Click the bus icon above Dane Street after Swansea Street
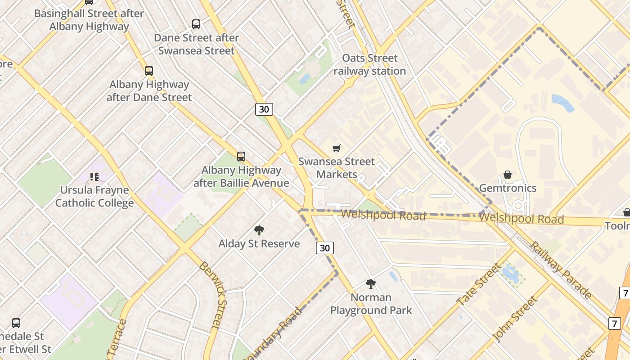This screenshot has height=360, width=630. (196, 24)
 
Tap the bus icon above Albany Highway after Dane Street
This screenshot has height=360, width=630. (149, 71)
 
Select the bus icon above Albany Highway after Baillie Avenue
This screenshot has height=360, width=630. (241, 157)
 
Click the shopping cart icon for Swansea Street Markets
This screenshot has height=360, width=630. (337, 148)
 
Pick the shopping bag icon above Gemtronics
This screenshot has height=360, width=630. (508, 175)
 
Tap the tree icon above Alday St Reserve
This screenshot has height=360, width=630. (259, 230)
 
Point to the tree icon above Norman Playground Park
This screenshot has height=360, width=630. (371, 284)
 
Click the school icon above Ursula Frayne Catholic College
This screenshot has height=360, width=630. (94, 177)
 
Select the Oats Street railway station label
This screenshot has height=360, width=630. (370, 64)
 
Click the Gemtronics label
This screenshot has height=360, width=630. (508, 188)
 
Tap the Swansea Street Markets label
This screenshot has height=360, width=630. (337, 168)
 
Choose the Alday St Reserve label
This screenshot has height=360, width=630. (259, 244)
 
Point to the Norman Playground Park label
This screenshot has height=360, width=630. (371, 304)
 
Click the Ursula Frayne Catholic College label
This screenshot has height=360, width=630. (94, 197)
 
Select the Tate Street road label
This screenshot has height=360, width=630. (478, 284)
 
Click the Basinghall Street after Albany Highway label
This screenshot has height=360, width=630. (89, 20)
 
